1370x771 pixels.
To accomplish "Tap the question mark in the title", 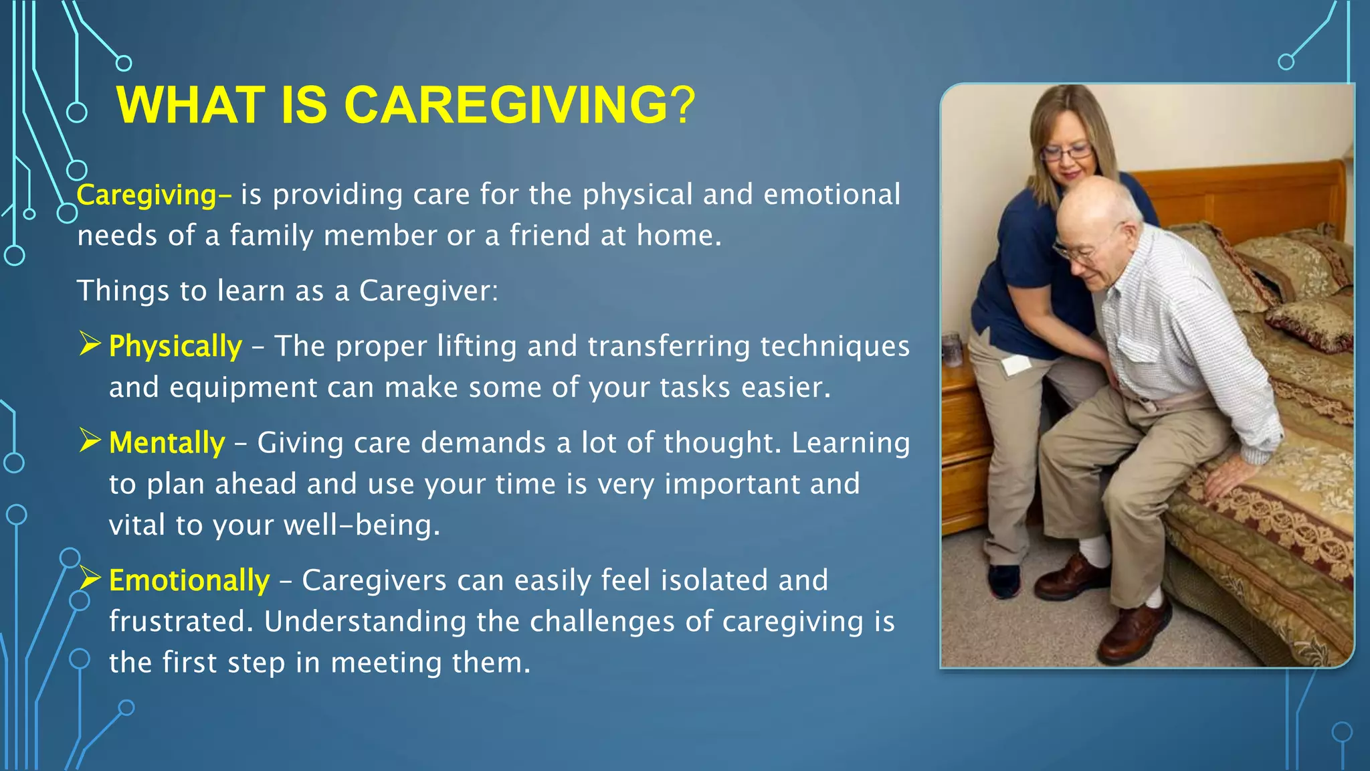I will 683,105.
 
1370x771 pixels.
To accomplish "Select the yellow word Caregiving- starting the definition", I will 154,195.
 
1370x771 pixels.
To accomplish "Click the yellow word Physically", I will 175,347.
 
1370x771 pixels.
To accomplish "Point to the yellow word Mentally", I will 167,443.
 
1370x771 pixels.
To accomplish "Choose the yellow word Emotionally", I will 189,580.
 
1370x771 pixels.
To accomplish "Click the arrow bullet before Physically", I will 90,344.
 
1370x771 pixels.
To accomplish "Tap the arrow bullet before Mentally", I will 90,440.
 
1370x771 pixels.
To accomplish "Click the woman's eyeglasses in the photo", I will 1068,153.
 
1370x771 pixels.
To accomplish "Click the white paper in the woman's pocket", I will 1016,365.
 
